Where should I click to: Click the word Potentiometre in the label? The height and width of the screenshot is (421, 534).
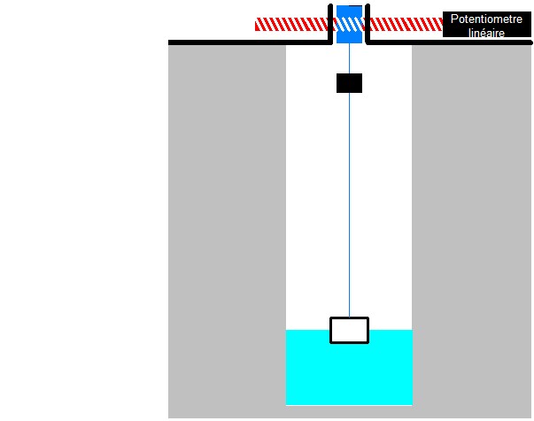(486, 19)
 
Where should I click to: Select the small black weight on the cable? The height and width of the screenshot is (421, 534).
(349, 83)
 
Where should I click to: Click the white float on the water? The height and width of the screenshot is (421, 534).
(349, 329)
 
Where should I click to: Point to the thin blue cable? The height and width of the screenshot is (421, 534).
(349, 203)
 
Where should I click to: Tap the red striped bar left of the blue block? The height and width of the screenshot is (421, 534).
(292, 25)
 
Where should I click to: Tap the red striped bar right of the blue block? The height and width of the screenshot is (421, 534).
(404, 25)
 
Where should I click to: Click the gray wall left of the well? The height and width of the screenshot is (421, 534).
(227, 230)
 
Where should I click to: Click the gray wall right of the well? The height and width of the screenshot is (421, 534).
(471, 230)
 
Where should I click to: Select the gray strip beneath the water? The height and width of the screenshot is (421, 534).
(349, 411)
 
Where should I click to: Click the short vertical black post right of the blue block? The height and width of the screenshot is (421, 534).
(366, 24)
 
